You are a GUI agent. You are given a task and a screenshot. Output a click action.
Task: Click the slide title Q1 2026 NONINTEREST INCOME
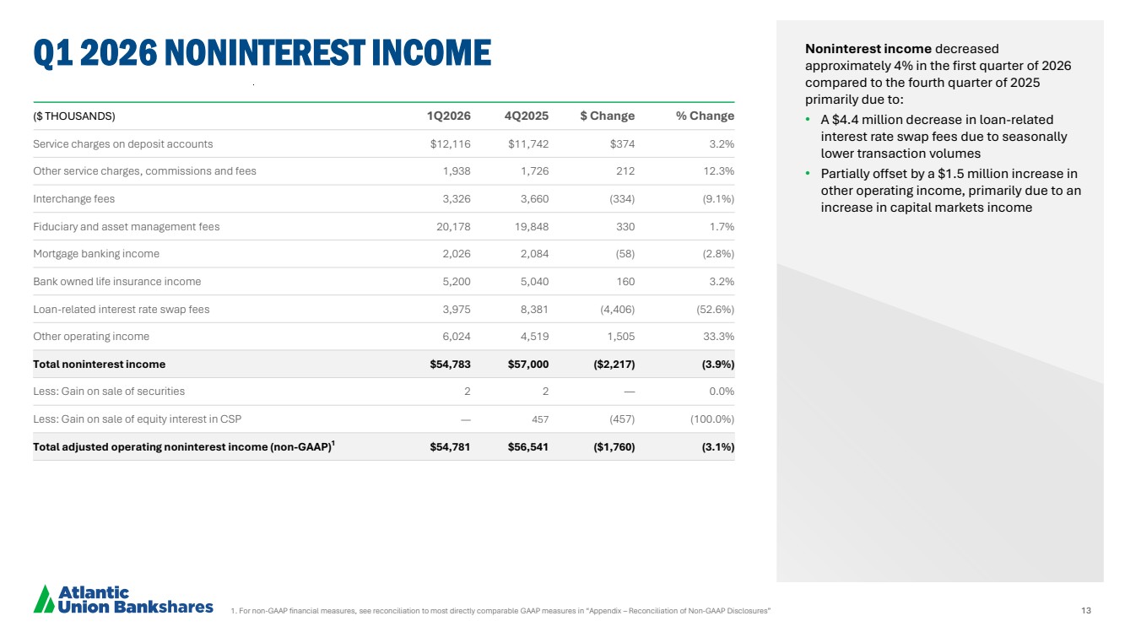click(262, 53)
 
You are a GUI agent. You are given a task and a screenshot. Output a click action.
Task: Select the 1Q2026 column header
click(450, 116)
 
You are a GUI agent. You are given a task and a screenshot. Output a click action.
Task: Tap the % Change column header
click(705, 116)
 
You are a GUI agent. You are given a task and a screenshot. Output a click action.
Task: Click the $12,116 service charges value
click(450, 144)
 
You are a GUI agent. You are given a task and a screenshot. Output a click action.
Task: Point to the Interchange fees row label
click(73, 199)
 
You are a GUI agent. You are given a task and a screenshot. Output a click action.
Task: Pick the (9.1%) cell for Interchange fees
click(713, 199)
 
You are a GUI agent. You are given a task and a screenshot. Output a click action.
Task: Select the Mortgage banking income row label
click(96, 254)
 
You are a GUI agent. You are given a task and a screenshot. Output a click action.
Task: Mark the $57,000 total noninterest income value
click(528, 365)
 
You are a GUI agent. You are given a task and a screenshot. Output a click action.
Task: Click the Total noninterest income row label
click(99, 365)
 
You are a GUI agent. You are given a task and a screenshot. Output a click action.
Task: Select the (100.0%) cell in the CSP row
click(707, 419)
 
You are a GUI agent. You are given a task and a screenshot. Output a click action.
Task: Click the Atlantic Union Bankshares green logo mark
click(44, 598)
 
